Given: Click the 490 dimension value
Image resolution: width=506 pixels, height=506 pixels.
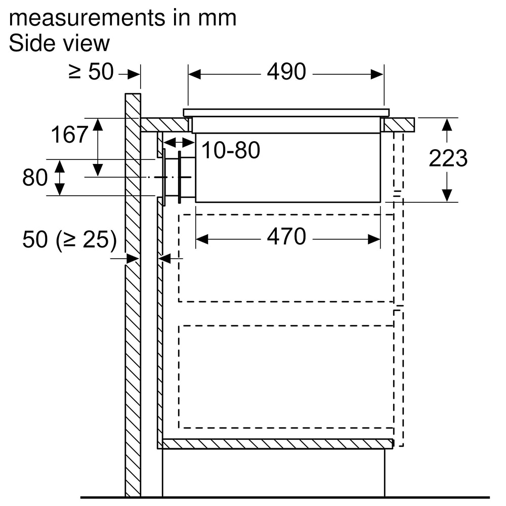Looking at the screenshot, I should [x=286, y=72].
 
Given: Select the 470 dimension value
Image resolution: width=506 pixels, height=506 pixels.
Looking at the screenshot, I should [x=286, y=237].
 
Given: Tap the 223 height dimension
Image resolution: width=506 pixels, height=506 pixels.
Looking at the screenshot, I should [x=448, y=158].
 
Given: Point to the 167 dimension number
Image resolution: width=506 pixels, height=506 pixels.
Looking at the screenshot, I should [x=69, y=135].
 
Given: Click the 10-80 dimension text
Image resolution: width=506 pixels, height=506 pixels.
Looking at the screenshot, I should [x=231, y=150].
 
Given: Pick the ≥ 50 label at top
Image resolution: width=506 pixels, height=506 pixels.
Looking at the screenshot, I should [x=91, y=72].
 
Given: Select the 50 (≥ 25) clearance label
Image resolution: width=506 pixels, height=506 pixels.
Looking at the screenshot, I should [x=69, y=240].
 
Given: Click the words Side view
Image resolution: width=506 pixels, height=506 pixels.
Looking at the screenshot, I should [x=59, y=44].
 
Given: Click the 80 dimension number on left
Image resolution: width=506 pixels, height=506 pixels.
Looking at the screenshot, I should [x=35, y=178].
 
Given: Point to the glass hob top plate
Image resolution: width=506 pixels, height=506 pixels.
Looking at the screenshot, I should [x=286, y=112].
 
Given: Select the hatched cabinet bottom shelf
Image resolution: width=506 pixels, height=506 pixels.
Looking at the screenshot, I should [x=277, y=444].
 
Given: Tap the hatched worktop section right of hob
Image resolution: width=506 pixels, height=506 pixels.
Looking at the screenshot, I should [x=399, y=124].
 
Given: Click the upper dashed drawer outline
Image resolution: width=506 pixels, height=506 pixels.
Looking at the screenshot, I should [x=286, y=258].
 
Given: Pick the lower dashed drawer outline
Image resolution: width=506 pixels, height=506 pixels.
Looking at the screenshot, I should [x=286, y=377].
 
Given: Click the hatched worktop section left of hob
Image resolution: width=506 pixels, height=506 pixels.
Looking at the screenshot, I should [x=164, y=124].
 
